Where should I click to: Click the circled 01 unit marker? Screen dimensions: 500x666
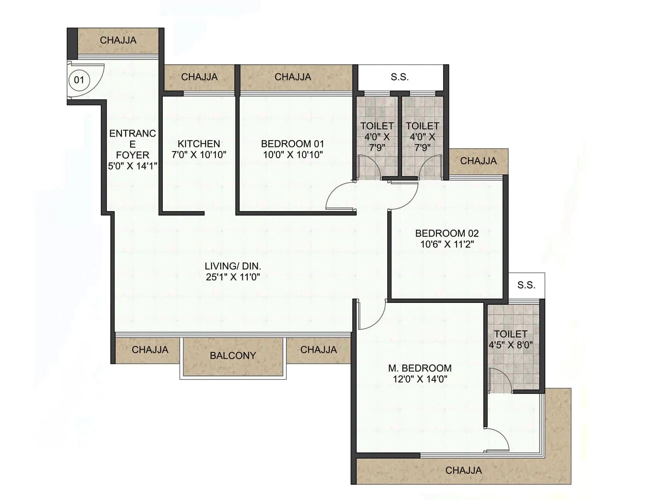[79, 80]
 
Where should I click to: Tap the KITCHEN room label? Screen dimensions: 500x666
[199, 144]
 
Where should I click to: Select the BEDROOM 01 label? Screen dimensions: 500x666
[292, 144]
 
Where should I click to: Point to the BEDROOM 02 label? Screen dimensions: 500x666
[447, 233]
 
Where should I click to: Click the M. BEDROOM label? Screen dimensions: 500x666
[420, 368]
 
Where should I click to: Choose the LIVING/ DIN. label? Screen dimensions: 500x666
[233, 266]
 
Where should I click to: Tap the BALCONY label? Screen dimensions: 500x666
[233, 355]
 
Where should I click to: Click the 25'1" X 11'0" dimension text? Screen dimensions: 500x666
[233, 277]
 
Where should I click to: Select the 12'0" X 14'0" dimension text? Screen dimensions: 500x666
[420, 379]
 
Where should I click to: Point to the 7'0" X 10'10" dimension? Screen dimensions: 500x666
[199, 155]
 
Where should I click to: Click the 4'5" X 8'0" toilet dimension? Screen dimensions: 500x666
[510, 345]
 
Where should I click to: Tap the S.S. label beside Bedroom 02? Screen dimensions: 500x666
[526, 285]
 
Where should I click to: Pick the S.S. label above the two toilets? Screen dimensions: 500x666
[400, 77]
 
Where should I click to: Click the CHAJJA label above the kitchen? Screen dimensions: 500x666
[199, 77]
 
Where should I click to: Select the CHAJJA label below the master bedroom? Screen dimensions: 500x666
[463, 470]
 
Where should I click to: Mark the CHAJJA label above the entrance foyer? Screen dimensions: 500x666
[118, 40]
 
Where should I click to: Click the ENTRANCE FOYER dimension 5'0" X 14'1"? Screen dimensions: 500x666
[132, 166]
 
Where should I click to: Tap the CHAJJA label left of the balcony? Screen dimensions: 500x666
[150, 350]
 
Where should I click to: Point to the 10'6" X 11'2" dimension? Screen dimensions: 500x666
[447, 244]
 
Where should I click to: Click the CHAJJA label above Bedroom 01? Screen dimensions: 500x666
[293, 77]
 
